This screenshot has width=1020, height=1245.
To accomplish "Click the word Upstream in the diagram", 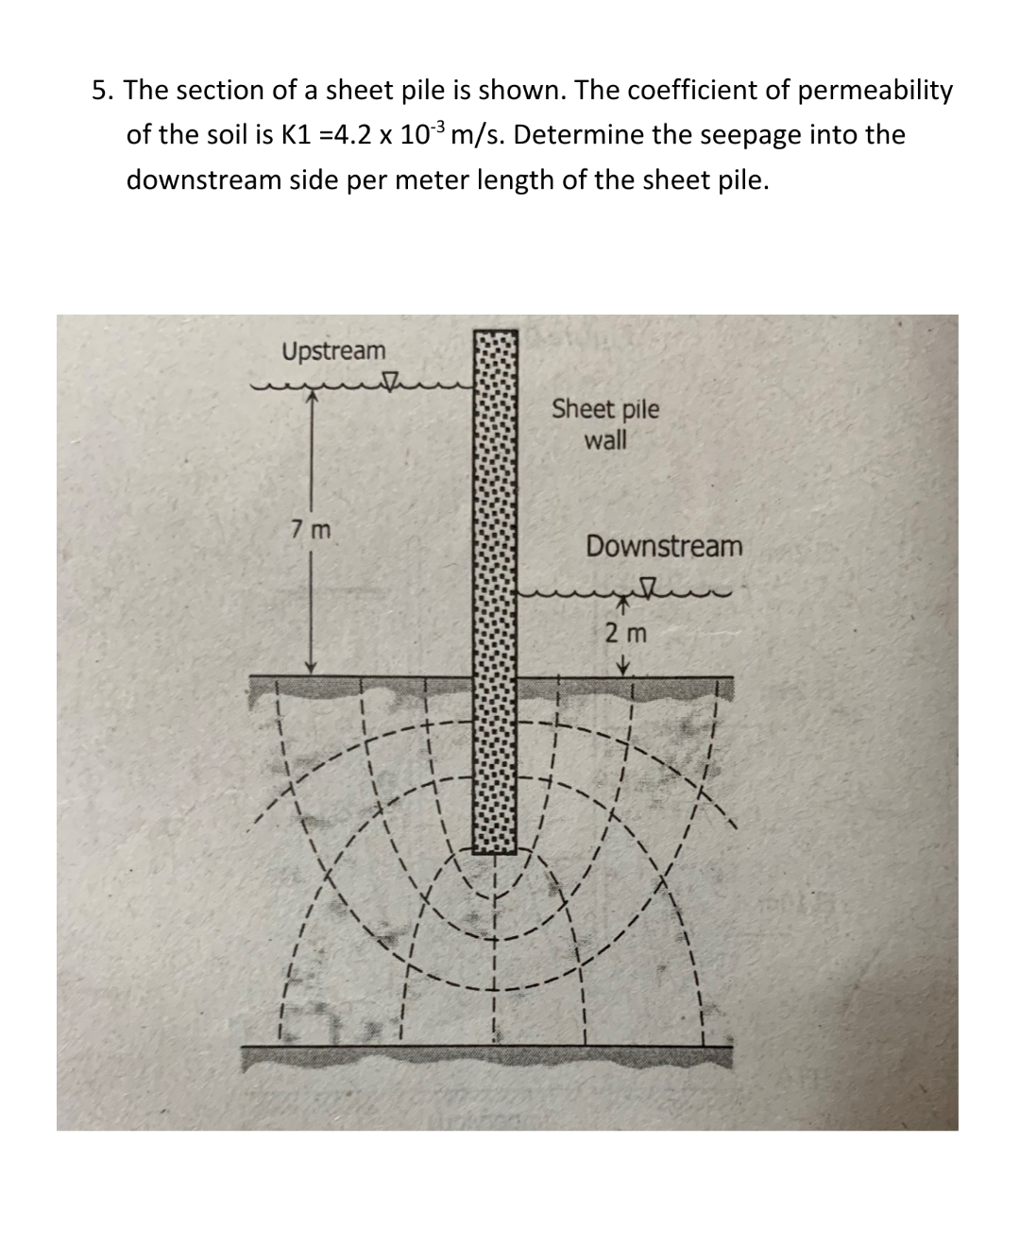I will [x=333, y=351].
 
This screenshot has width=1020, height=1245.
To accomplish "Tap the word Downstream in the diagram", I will [x=664, y=546].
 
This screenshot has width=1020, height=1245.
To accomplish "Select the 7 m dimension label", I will [x=311, y=529].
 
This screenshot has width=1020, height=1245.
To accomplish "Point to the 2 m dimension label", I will [x=625, y=633].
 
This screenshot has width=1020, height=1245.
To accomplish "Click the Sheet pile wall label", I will [x=605, y=424].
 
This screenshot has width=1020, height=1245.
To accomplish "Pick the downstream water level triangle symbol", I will [x=650, y=589].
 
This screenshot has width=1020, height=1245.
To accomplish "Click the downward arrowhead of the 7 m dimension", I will [x=314, y=669].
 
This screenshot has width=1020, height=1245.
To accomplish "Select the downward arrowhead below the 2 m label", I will [x=623, y=668].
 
